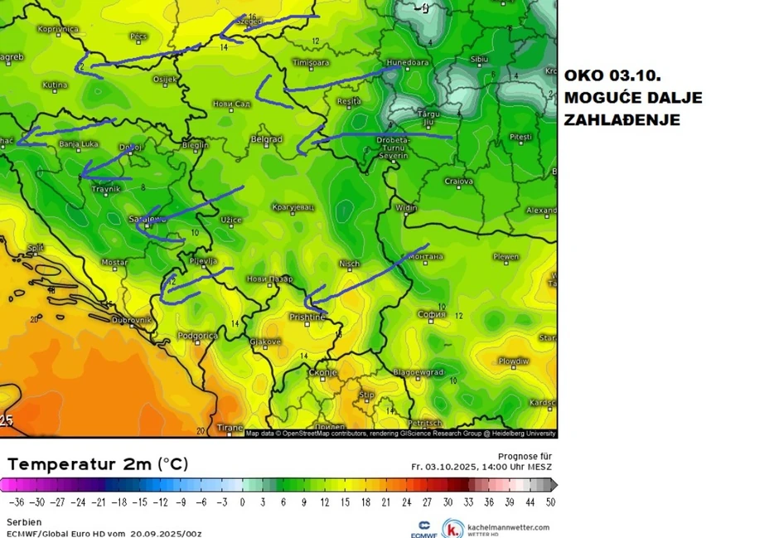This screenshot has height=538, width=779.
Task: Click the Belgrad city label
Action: [x=267, y=139]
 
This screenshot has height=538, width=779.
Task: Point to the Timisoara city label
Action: [x=311, y=62]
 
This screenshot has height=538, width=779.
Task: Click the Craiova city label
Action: [x=458, y=181]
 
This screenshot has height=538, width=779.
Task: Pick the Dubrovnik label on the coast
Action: [x=132, y=319]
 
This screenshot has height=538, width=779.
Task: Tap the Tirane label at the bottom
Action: [x=230, y=428]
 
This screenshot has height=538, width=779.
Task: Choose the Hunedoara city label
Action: [x=406, y=62]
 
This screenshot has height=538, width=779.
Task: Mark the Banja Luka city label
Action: [x=79, y=144]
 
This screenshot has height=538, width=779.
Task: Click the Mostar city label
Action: [x=114, y=262]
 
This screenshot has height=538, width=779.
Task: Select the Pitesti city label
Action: [x=520, y=135]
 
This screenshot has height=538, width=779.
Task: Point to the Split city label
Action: [x=36, y=248]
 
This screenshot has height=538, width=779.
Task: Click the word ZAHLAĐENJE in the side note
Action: [x=622, y=120]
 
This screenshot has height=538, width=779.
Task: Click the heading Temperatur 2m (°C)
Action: [x=98, y=464]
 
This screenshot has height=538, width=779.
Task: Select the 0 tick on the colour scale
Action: [x=243, y=502]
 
